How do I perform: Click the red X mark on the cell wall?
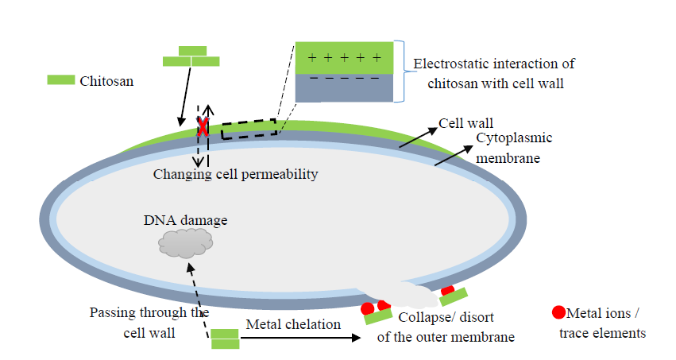(203, 126)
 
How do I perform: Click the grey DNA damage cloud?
(185, 242)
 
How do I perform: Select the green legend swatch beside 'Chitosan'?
(60, 80)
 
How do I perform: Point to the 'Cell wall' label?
(466, 124)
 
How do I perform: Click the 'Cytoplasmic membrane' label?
(514, 148)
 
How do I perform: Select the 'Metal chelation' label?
(293, 324)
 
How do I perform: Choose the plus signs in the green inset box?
(343, 58)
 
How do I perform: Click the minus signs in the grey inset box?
(343, 79)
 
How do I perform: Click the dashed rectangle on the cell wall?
(249, 130)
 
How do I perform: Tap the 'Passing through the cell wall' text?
(149, 322)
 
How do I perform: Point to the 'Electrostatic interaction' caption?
(500, 72)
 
